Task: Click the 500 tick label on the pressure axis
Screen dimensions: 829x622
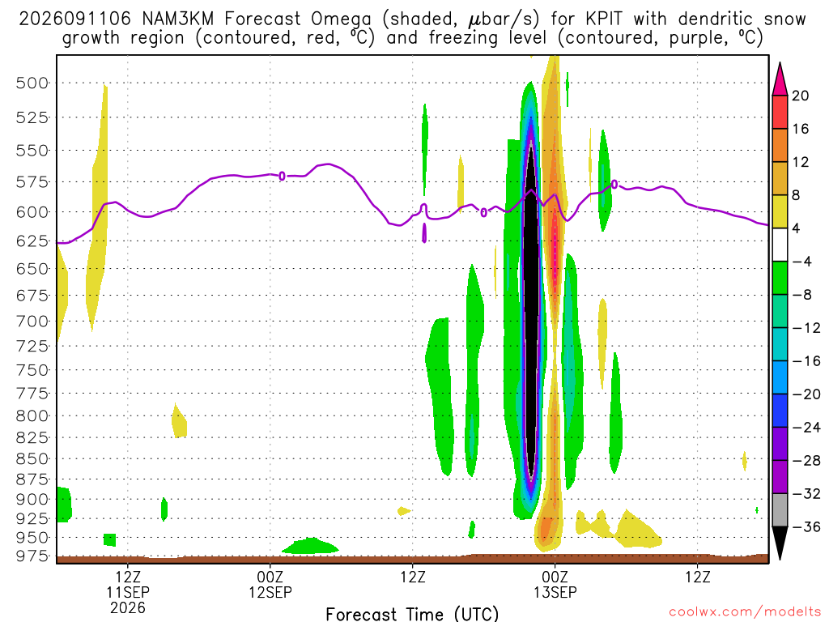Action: coord(32,83)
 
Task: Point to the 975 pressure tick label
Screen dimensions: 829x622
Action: coord(32,556)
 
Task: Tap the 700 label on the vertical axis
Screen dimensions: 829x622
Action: coord(32,321)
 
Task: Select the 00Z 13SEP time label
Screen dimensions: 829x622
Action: coord(555,585)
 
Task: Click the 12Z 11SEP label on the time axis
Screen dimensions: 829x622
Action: coord(128,585)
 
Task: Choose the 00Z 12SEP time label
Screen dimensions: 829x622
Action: coord(270,585)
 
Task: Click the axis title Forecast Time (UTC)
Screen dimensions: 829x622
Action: coord(412,614)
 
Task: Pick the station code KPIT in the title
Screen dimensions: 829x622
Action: coord(604,19)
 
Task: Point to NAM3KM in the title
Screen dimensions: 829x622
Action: coord(178,19)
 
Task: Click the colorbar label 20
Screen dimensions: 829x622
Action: coord(801,96)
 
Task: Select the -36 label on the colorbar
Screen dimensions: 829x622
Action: coord(806,526)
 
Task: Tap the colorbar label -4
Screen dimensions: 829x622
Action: coord(801,262)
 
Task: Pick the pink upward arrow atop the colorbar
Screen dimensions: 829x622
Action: coord(780,79)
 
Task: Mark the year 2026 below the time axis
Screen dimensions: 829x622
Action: coord(128,607)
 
